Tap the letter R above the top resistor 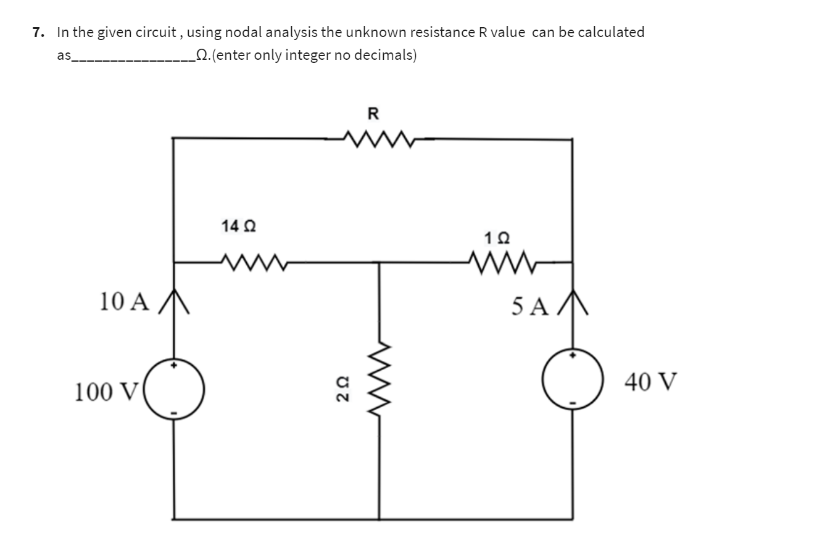[x=373, y=113]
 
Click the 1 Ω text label [x=497, y=237]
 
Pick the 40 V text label [x=650, y=382]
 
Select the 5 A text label [x=529, y=306]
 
